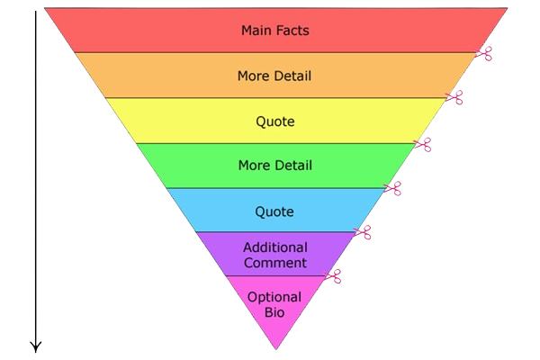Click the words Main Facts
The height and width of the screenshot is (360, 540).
click(x=274, y=31)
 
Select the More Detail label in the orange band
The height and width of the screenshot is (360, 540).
click(x=274, y=76)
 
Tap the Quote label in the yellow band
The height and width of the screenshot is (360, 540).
click(x=274, y=121)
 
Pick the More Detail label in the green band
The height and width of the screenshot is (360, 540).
click(x=274, y=166)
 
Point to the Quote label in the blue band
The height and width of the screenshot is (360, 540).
click(x=274, y=211)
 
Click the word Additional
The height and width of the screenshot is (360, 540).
click(x=274, y=247)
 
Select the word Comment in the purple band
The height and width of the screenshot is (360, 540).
click(x=274, y=263)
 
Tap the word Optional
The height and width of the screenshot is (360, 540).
click(x=274, y=297)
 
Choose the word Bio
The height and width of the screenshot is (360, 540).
click(x=274, y=313)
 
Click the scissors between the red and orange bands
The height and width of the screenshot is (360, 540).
click(x=484, y=53)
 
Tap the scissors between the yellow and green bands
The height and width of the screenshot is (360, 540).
click(x=423, y=144)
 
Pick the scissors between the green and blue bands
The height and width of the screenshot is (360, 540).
click(x=392, y=188)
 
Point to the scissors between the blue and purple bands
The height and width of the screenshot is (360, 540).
click(x=363, y=233)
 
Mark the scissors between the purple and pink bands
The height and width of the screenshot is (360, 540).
click(x=333, y=276)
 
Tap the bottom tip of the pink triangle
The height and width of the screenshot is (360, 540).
click(x=275, y=348)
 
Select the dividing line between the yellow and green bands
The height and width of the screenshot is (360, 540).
click(x=270, y=143)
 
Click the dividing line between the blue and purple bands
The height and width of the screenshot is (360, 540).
click(x=270, y=232)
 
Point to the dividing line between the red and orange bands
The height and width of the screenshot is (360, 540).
click(x=270, y=52)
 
